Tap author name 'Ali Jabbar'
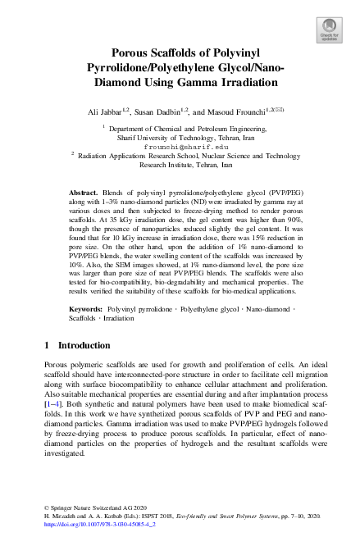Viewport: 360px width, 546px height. pyautogui.click(x=105, y=111)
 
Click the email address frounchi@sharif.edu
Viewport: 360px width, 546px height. pyautogui.click(x=180, y=147)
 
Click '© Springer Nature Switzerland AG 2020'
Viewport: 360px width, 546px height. pyautogui.click(x=89, y=507)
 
